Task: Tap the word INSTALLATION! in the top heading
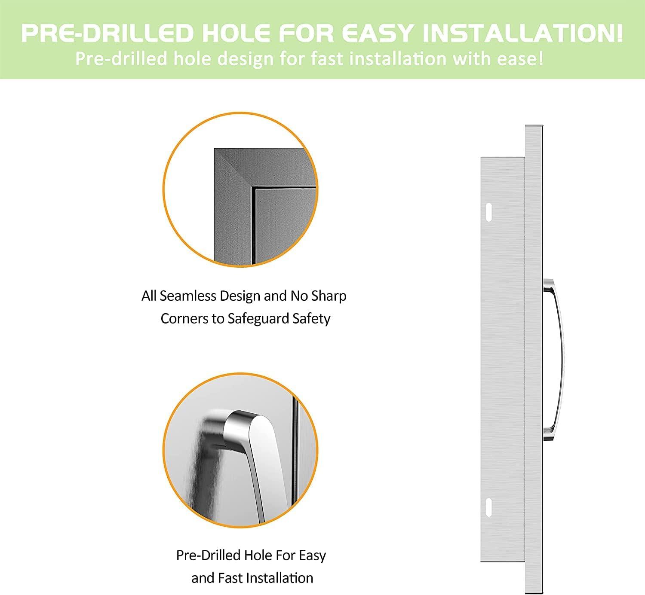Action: tap(522, 33)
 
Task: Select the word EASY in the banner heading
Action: tap(378, 33)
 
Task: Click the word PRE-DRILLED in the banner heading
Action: tap(107, 33)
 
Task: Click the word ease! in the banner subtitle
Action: tap(520, 59)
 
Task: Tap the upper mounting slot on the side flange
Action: tap(488, 212)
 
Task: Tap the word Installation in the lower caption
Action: tap(279, 578)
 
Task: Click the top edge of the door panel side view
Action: tap(534, 126)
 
